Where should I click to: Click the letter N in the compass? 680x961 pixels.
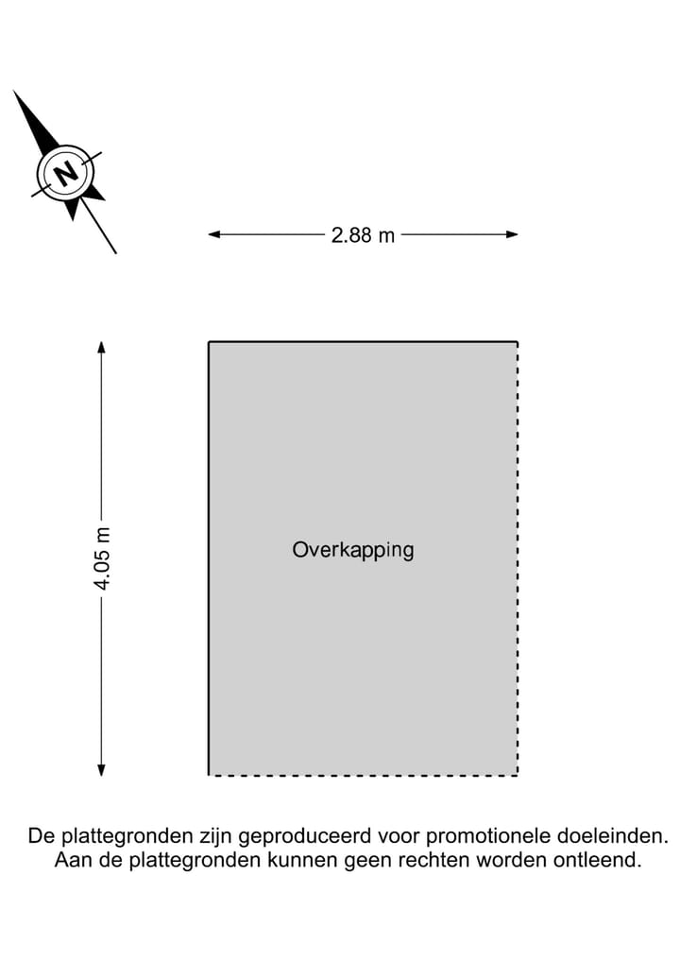[66, 174]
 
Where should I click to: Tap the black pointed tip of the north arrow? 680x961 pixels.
[13, 91]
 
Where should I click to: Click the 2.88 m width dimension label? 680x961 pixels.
[363, 234]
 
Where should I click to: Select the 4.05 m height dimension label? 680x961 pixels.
[102, 558]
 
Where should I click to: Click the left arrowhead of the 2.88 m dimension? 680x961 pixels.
[213, 234]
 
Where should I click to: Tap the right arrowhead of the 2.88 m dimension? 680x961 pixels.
[512, 234]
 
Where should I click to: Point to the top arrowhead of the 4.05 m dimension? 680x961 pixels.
[102, 347]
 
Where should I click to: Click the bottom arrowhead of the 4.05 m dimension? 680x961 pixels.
[102, 770]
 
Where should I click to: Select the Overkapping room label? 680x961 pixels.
[353, 550]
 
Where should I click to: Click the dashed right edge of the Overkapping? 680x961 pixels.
[518, 558]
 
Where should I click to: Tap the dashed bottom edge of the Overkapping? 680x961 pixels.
[364, 775]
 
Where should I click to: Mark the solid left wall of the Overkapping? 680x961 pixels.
[209, 558]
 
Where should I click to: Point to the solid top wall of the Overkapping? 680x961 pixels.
[364, 342]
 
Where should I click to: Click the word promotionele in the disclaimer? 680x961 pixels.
[488, 836]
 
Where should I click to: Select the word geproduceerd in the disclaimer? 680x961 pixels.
[305, 837]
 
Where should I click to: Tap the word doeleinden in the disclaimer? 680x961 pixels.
[613, 836]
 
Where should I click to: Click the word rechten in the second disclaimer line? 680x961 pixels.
[434, 860]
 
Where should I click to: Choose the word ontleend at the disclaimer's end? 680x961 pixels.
[597, 860]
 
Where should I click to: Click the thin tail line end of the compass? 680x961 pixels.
[116, 253]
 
